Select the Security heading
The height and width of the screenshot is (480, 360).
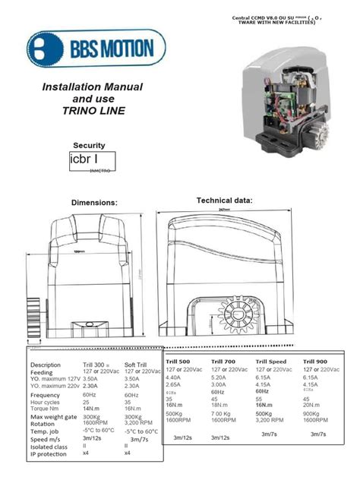tap(89, 145)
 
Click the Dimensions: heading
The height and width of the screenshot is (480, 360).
tap(94, 203)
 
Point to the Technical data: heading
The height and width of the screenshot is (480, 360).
tap(224, 200)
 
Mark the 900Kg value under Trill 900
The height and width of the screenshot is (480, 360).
tap(314, 413)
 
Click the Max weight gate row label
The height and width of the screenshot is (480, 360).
tap(55, 417)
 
